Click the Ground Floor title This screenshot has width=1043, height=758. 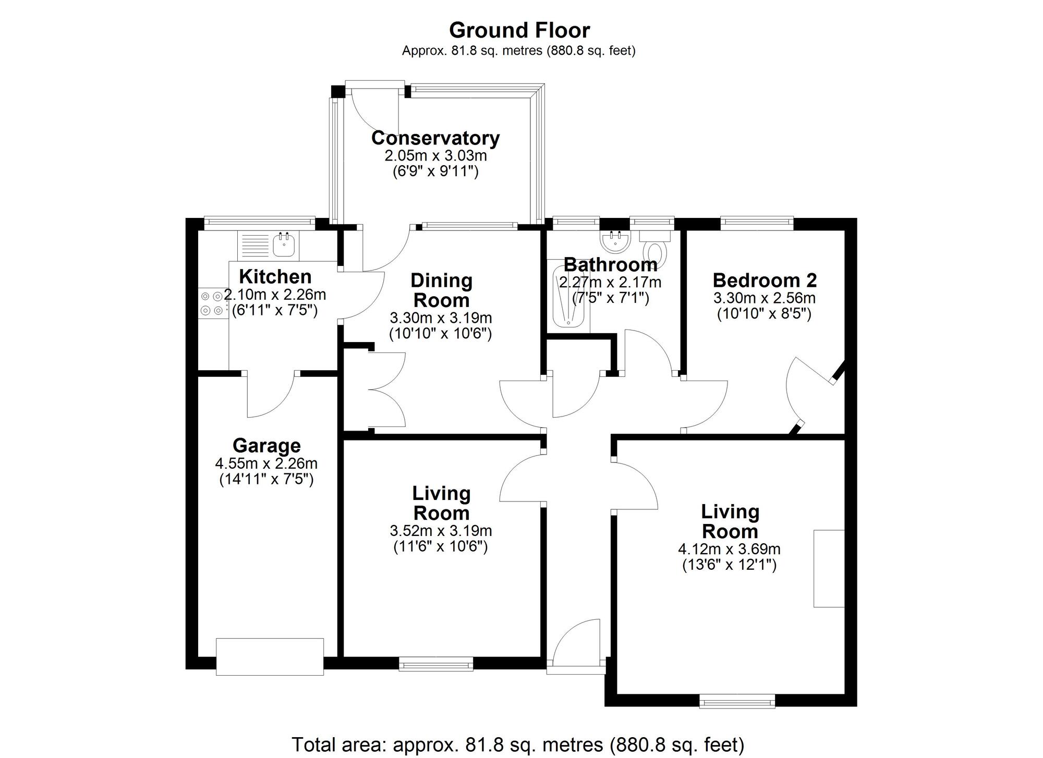coord(519,30)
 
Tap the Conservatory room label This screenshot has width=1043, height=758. coord(435,138)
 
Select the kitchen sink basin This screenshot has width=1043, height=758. coord(285,246)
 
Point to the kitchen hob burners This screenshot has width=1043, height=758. coord(211,303)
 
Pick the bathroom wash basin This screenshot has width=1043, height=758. coord(615,241)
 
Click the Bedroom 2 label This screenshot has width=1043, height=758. coord(765,280)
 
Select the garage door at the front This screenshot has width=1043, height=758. coord(270,656)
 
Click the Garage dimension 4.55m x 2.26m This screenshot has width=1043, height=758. coord(266,463)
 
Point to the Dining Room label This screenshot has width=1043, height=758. coord(441,290)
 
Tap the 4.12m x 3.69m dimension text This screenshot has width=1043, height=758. coord(729,549)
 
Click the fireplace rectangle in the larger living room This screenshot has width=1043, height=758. coord(829,568)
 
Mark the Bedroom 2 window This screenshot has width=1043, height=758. coord(757,224)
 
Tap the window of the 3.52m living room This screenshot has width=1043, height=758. coord(436,663)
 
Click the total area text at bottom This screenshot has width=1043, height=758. coord(518,744)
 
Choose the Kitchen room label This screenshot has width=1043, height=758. coord(275,276)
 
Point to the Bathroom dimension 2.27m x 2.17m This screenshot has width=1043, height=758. coord(610,283)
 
